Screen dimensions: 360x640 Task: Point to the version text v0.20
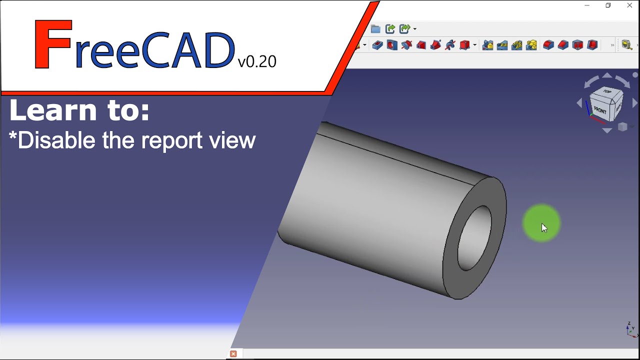(x=257, y=61)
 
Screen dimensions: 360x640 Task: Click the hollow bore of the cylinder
(x=474, y=238)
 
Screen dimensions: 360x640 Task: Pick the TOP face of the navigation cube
(x=607, y=92)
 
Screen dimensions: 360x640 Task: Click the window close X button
(x=629, y=5)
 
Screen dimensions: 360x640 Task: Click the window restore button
(x=608, y=5)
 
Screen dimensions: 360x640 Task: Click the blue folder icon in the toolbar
(x=375, y=29)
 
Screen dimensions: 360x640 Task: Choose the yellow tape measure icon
(x=626, y=45)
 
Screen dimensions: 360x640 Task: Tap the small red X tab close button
(x=233, y=354)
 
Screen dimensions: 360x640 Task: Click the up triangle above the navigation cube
(x=607, y=75)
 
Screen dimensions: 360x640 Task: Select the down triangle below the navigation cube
(x=607, y=131)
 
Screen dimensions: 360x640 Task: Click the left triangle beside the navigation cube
(x=579, y=103)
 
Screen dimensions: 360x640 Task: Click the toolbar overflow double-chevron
(x=612, y=45)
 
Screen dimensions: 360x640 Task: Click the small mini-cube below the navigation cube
(x=622, y=127)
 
